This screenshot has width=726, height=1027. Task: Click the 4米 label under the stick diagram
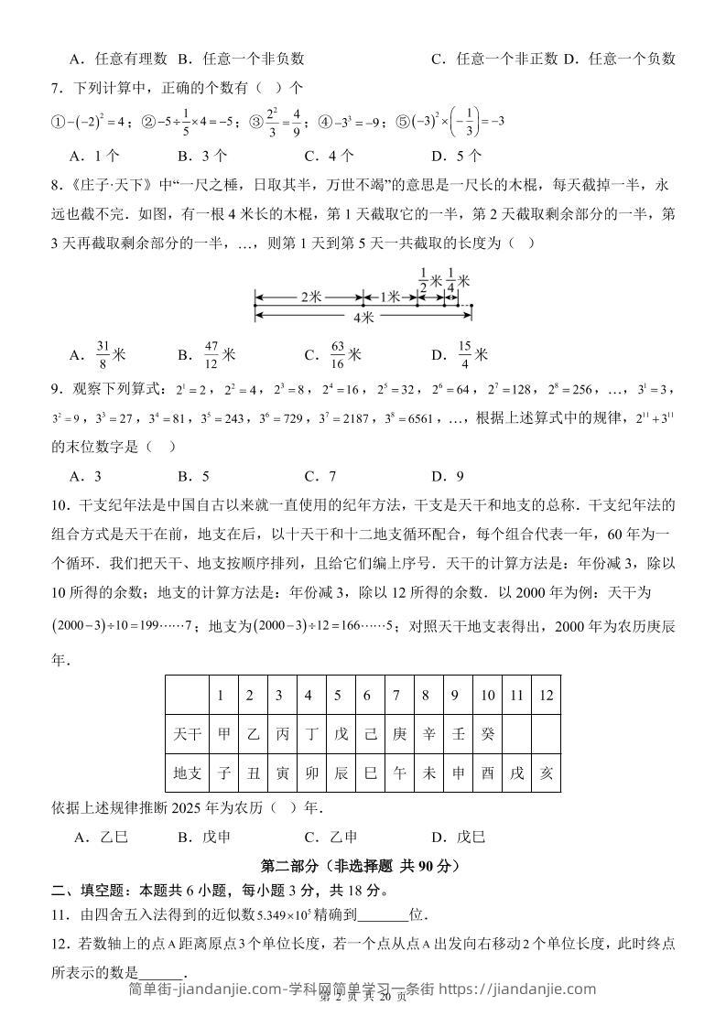(363, 318)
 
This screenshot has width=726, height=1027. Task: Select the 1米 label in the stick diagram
(390, 297)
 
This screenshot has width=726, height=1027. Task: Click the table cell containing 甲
(221, 734)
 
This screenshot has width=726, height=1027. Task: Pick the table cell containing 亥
(546, 773)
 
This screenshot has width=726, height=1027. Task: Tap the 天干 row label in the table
(187, 734)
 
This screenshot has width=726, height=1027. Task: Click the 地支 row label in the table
(187, 773)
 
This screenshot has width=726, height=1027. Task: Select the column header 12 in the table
(546, 696)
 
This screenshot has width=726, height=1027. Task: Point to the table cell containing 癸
(487, 734)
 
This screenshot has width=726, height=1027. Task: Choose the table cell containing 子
(221, 773)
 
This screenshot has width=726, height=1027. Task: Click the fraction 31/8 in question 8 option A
(103, 354)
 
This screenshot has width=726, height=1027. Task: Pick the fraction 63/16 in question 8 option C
(338, 354)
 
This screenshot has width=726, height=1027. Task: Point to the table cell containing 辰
(341, 773)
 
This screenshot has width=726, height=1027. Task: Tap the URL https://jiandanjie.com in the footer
(518, 989)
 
